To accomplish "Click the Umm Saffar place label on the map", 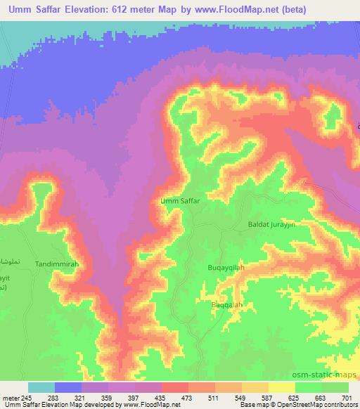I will point(181,200).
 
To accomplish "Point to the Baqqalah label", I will point(226,304).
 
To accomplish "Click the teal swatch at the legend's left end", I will point(41,387).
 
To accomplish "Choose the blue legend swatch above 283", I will point(68,387).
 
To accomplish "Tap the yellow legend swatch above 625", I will point(282,387).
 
